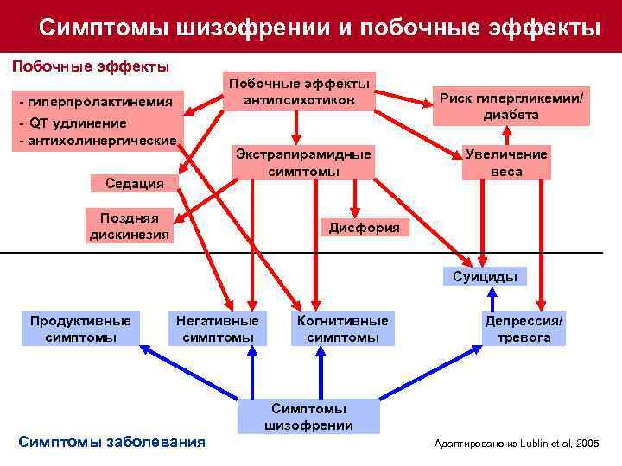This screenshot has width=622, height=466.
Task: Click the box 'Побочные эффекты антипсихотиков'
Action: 298,91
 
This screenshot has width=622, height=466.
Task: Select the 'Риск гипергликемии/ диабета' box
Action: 512,106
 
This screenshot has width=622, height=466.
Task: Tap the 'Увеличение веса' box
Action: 505,162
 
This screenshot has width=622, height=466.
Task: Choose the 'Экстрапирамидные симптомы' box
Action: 302,162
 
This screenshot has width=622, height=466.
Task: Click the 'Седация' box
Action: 129,183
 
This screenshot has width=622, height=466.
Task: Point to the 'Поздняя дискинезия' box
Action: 129,225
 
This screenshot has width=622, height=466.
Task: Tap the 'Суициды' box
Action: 485,277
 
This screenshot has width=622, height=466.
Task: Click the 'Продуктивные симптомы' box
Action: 80,329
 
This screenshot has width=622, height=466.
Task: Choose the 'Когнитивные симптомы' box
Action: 342,329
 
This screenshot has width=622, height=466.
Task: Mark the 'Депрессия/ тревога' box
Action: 524,329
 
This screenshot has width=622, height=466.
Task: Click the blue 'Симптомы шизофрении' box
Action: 308,416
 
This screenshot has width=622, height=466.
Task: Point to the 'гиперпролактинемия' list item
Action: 100,104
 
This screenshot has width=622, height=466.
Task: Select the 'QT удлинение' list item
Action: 73,123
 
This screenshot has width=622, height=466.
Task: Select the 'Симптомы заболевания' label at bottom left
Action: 111,442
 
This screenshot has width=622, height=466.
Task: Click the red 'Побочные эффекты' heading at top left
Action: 89,66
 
